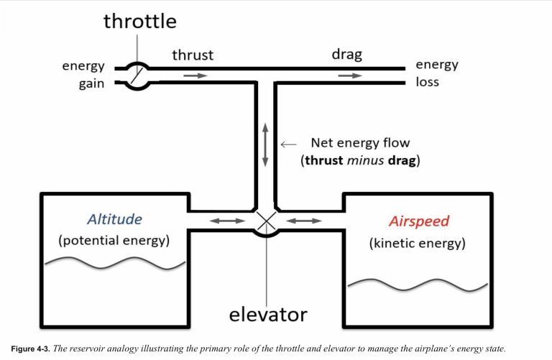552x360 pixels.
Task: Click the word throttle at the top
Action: pos(139,20)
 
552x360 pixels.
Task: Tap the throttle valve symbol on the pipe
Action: pos(135,75)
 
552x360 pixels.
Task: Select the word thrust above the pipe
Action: pos(193,55)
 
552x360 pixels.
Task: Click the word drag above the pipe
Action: pos(346,55)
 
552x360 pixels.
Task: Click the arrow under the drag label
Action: pos(351,75)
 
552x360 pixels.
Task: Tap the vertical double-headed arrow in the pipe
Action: pos(266,147)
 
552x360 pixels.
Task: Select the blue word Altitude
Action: pos(115,219)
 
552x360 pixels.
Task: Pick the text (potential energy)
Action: pos(115,241)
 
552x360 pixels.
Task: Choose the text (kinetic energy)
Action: pos(418,243)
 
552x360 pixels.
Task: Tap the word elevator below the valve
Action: pos(268,314)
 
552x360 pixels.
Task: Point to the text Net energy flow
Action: pos(360,142)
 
